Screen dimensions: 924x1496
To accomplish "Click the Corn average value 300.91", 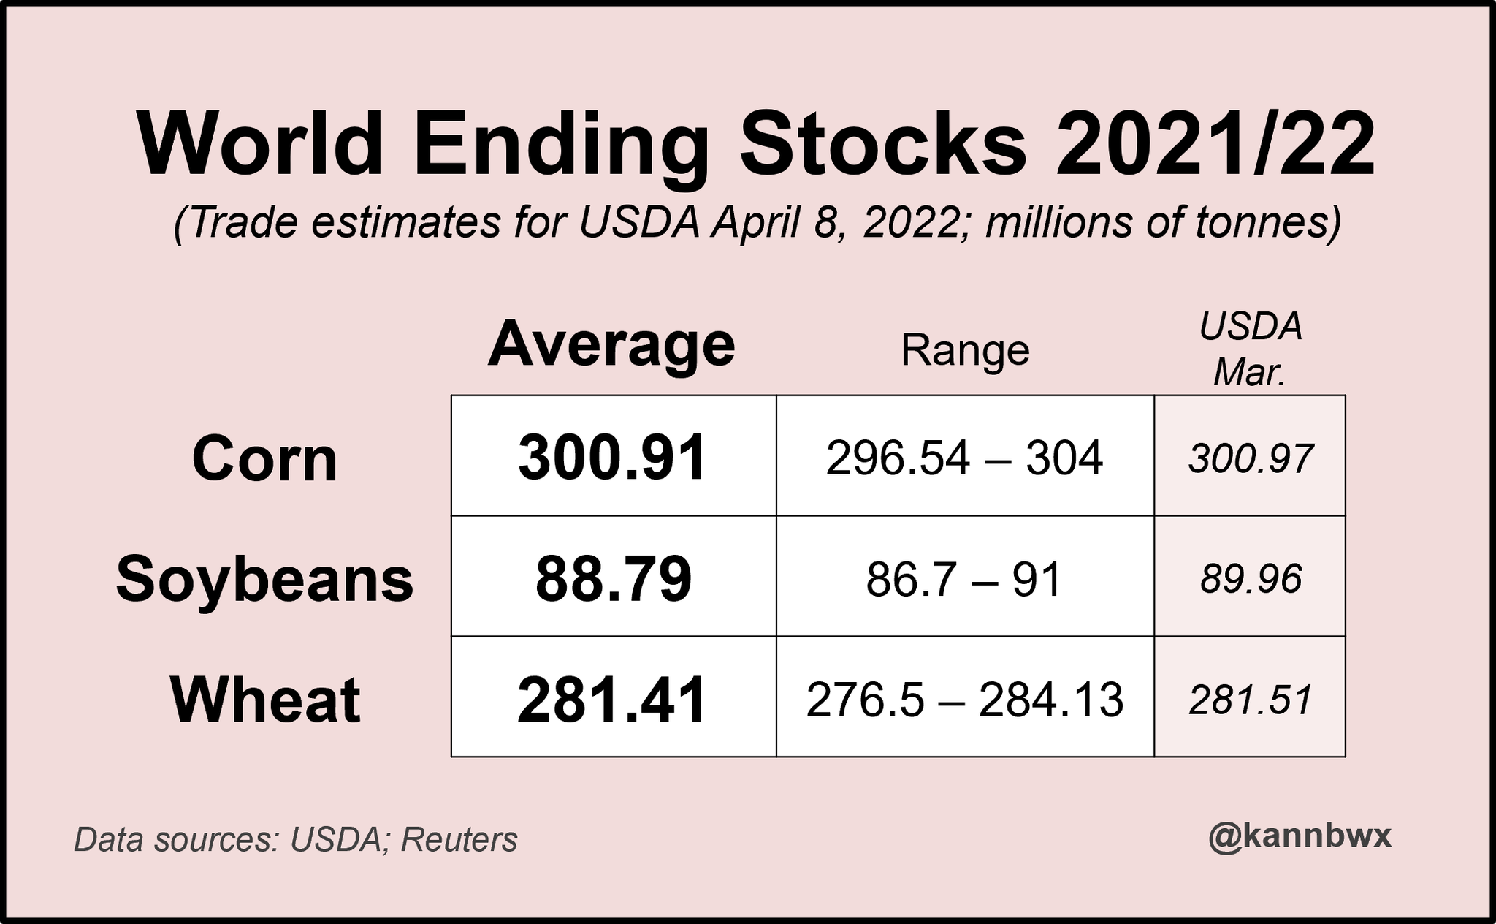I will (612, 458).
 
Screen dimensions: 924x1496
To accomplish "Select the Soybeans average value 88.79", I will (613, 579).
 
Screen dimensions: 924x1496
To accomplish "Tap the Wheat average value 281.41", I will (612, 700).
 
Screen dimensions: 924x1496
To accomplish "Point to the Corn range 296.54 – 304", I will (964, 458).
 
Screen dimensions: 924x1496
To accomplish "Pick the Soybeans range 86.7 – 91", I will (963, 580).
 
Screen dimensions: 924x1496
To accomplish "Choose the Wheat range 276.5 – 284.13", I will (964, 700).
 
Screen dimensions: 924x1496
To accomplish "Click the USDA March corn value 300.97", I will (1251, 459).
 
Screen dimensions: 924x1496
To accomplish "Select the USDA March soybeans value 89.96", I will (1251, 580).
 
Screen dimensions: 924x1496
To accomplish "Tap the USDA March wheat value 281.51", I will (1251, 700).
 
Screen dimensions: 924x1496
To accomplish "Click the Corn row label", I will (264, 459).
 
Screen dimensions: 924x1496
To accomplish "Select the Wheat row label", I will (265, 700).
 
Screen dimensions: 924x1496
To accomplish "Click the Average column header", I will (611, 345).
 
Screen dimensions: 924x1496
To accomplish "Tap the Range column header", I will (965, 351).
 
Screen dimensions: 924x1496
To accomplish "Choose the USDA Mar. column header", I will (1251, 349).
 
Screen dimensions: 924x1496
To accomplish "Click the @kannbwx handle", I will (1300, 836).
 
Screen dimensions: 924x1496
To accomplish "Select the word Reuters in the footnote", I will (459, 841).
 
